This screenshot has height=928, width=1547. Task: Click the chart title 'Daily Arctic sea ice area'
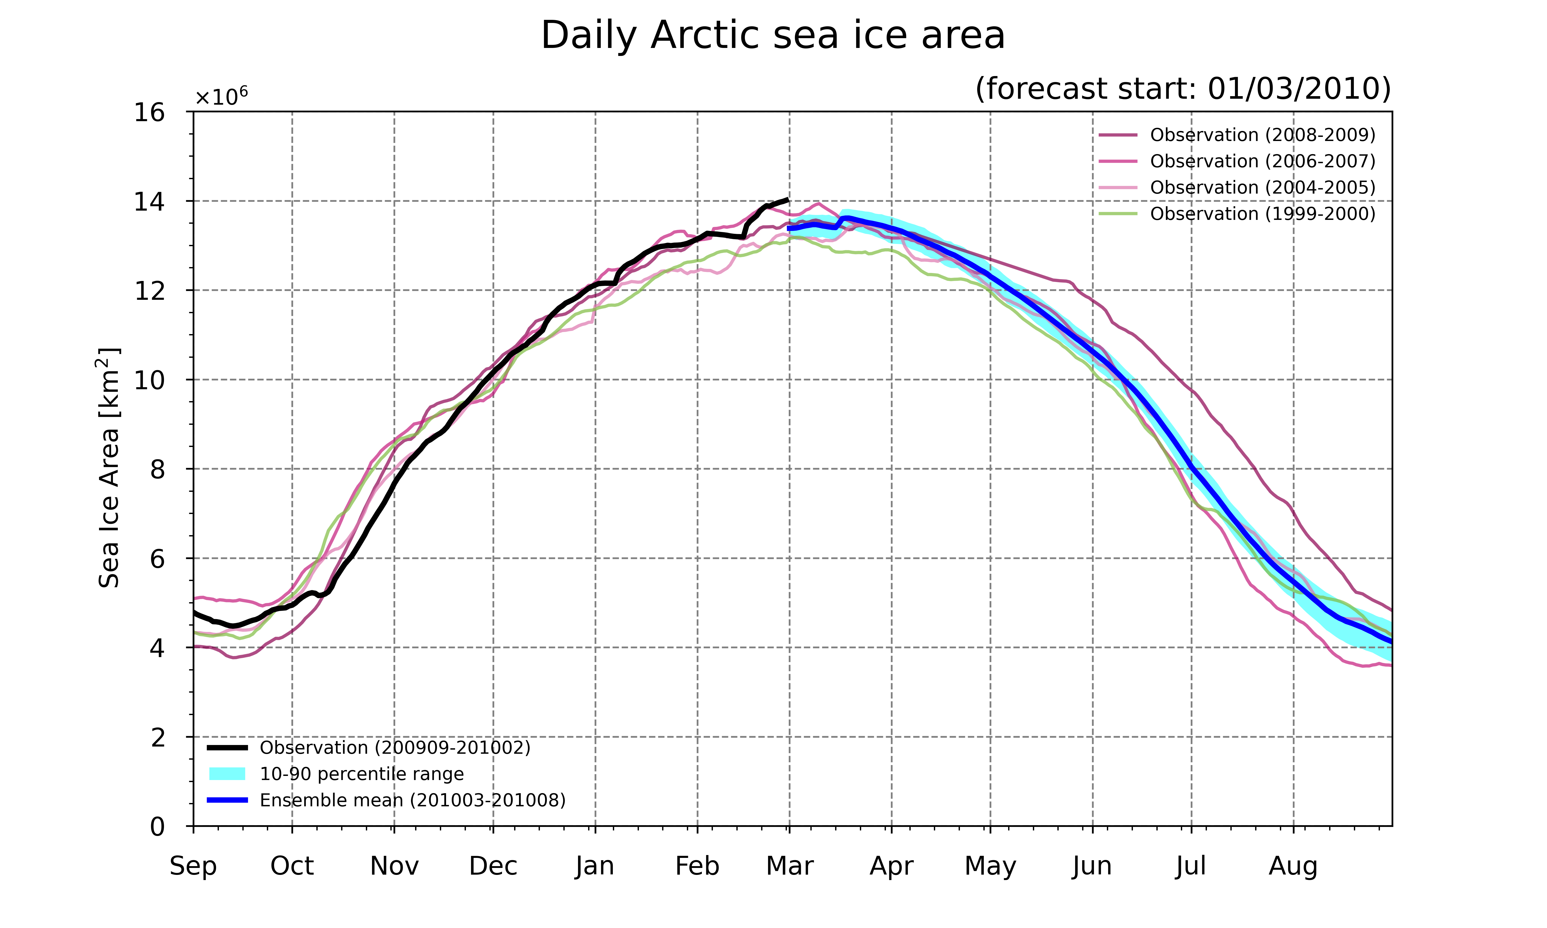click(773, 36)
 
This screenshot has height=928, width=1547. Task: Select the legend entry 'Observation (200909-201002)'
click(369, 748)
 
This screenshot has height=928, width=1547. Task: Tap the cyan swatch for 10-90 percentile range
click(227, 774)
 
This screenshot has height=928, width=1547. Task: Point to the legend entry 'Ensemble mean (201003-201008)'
click(386, 800)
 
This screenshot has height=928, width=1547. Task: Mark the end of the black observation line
click(788, 200)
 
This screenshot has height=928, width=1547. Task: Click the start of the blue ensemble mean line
click(789, 229)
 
